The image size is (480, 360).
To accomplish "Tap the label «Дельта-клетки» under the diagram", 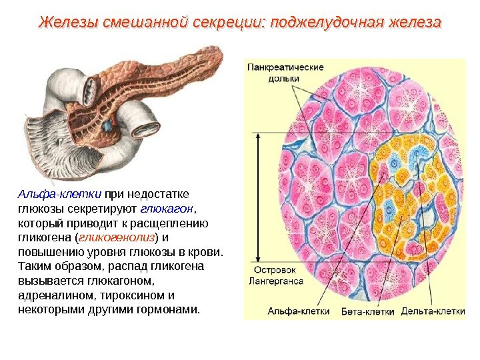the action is click(433, 311).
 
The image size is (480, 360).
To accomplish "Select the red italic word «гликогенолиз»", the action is click(117, 238).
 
